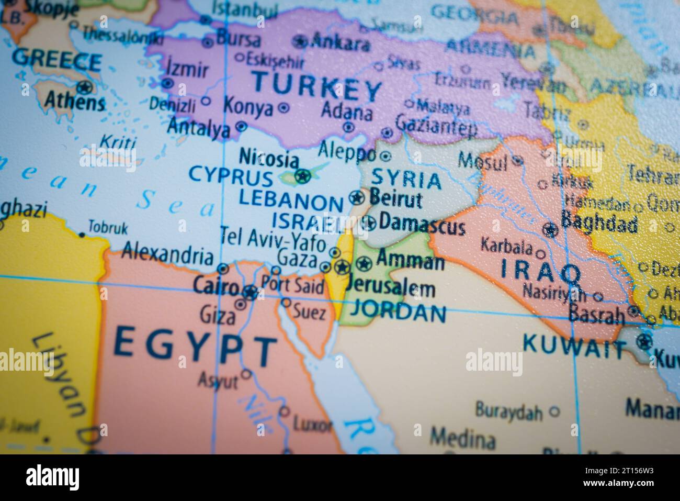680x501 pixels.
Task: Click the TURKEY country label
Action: (x=316, y=88)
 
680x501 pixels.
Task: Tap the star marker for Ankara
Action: (x=300, y=41)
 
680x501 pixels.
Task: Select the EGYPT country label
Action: (x=195, y=345)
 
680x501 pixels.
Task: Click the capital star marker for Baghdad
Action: (x=549, y=229)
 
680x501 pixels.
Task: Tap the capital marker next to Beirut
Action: (x=357, y=198)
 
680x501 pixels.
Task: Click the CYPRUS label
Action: (x=231, y=175)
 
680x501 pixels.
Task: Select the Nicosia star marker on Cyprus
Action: (x=302, y=176)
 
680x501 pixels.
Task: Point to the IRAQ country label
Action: (x=541, y=271)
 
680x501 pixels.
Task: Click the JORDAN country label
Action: (x=398, y=313)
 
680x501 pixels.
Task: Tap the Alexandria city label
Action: (x=167, y=255)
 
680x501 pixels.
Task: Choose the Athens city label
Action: (x=74, y=100)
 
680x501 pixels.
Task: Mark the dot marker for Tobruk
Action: (x=82, y=235)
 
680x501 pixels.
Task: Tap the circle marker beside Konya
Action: (x=284, y=108)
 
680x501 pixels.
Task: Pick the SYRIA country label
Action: (x=406, y=180)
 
